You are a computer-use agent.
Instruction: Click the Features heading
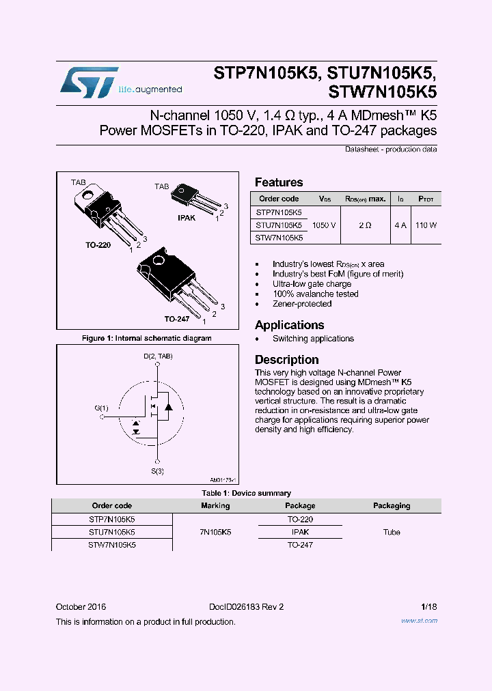point(279,182)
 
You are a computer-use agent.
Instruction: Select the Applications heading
point(289,325)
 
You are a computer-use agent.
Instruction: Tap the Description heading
point(286,360)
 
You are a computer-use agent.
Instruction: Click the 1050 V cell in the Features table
point(323,225)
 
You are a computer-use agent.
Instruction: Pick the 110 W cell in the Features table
point(425,225)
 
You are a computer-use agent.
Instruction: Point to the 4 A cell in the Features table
point(400,225)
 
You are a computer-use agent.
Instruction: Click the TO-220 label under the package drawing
point(98,244)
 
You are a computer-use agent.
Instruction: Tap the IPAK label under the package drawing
point(187,218)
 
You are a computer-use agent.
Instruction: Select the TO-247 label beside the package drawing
point(176,319)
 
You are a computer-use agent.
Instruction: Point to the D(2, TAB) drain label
point(158,356)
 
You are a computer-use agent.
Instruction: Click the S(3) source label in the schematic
point(157,471)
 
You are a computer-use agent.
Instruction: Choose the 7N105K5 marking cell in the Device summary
point(215,532)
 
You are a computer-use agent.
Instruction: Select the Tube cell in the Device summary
point(392,532)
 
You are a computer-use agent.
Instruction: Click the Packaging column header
point(392,506)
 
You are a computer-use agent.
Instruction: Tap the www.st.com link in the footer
point(419,621)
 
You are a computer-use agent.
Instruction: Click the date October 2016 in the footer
point(81,606)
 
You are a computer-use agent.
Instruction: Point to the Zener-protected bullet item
point(301,304)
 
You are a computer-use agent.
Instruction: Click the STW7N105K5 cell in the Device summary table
point(112,545)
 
